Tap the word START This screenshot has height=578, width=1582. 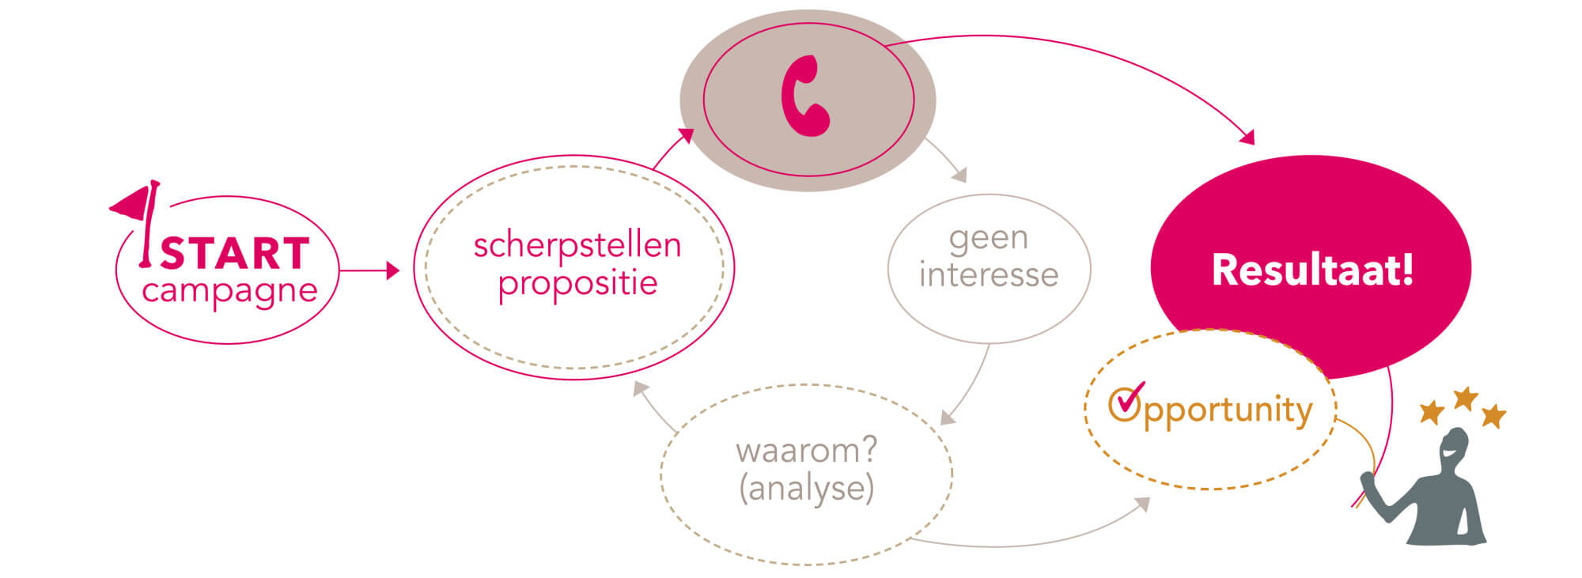point(235,254)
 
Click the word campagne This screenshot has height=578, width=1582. point(229,291)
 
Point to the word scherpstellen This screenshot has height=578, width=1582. point(577,245)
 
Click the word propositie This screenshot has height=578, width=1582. point(578,283)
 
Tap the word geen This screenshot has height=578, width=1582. point(989,238)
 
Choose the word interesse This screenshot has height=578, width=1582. point(989,275)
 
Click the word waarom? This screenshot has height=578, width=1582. point(807,451)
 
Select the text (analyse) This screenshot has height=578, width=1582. point(807,489)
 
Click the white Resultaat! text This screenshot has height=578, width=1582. point(1312,270)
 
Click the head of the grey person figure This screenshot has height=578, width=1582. point(1454,448)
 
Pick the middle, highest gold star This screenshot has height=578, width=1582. point(1466,398)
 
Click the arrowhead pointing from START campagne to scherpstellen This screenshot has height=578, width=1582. point(392,270)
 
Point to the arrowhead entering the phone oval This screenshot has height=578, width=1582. point(687,136)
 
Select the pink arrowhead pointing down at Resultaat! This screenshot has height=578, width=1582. point(1247,137)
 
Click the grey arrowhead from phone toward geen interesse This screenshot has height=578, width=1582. point(959,175)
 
